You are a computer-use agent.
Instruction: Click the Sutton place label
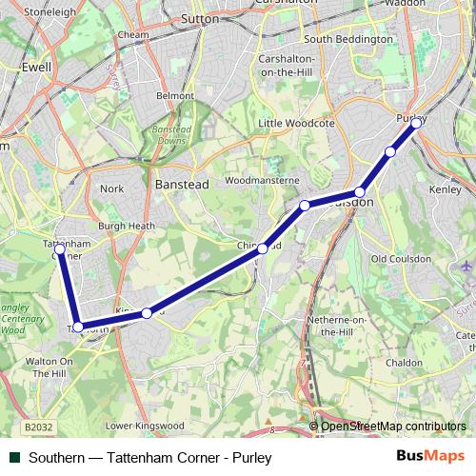click(x=200, y=18)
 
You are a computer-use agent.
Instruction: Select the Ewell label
click(x=35, y=69)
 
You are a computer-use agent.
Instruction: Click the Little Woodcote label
click(x=297, y=123)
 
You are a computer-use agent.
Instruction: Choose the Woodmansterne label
click(x=262, y=180)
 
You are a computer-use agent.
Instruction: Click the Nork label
click(x=111, y=188)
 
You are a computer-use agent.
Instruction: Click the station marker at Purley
click(x=416, y=123)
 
